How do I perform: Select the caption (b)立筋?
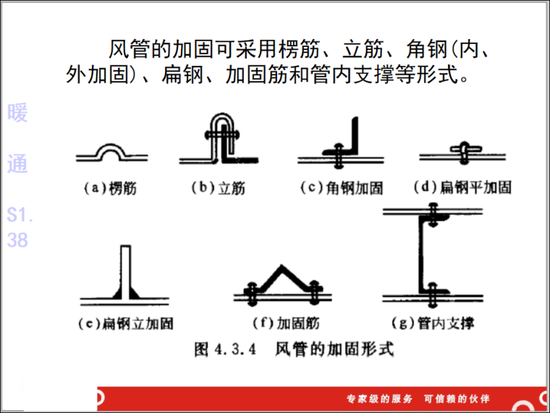tap(218, 188)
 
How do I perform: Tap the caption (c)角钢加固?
tap(341, 188)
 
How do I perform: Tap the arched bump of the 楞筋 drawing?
tap(111, 150)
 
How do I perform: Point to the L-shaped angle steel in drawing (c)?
tap(352, 138)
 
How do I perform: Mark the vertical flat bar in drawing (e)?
tap(125, 268)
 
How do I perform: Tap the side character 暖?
tap(17, 113)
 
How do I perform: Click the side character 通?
tap(17, 163)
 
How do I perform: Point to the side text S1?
tap(20, 216)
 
